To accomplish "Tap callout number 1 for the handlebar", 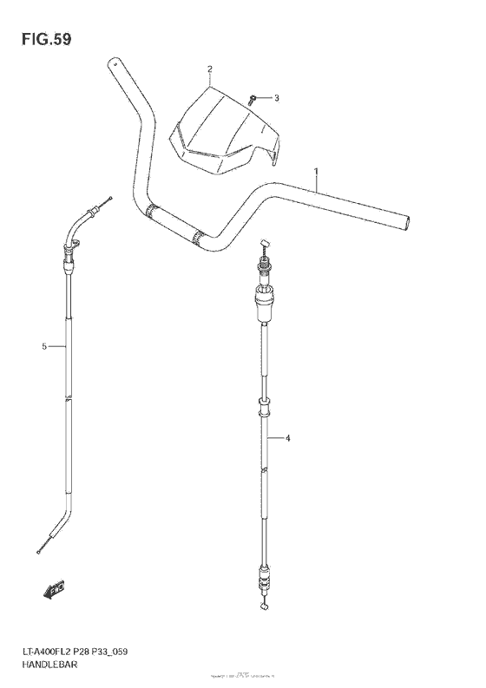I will point(317,173).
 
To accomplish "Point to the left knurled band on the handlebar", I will point(154,211).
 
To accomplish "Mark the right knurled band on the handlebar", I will point(201,236).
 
